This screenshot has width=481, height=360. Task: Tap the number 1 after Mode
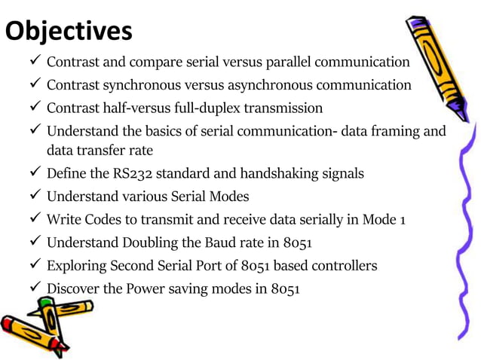click(403, 220)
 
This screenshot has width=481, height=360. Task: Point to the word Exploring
click(76, 265)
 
